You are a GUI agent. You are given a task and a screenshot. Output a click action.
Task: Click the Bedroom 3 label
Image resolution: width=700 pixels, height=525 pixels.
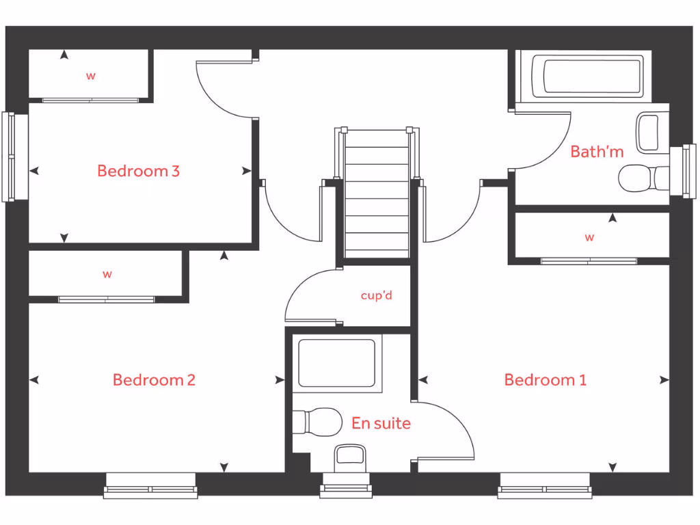138,171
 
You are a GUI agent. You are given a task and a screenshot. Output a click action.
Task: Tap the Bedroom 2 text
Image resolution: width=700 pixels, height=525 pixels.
154,380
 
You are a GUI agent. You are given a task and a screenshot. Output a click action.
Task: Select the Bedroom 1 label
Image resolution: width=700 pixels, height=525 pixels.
545,380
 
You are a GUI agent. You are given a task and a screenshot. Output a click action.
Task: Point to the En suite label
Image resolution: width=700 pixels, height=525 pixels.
381,424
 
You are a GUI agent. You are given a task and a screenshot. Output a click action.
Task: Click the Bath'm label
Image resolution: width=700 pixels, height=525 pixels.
597,152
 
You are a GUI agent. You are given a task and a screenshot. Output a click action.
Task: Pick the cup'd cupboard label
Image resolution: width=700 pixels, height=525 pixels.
377,296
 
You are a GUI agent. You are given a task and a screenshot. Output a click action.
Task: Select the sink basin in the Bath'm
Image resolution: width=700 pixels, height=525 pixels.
649,133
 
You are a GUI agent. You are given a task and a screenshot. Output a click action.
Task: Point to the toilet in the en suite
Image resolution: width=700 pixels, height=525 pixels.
318,421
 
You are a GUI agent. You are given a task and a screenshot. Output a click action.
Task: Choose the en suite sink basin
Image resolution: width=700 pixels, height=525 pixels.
351,457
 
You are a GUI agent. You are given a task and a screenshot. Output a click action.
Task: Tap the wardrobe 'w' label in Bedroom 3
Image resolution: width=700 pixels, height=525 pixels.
90,76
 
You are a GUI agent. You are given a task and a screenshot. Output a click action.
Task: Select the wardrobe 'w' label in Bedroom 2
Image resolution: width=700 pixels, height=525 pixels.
107,275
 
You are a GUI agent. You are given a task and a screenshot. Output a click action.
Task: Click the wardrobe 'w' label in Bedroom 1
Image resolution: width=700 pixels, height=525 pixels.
589,238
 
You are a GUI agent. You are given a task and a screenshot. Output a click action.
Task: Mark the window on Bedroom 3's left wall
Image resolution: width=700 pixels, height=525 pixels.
10,157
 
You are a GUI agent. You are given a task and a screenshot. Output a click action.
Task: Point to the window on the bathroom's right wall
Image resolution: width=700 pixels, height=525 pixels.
688,170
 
